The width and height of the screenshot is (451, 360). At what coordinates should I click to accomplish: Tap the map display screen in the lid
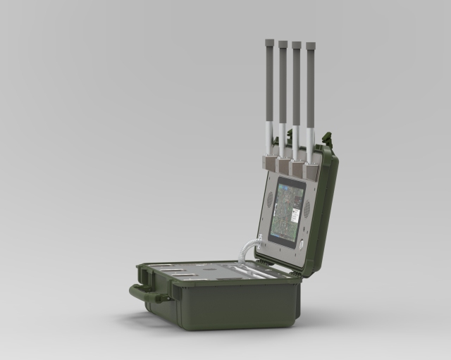point(288,211)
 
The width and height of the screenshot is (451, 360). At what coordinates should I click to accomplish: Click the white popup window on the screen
point(297,211)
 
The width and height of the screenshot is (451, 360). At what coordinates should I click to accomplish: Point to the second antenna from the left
point(283,92)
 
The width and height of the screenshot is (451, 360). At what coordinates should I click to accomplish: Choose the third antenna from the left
point(297,92)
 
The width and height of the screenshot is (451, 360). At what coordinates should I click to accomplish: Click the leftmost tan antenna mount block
point(270,163)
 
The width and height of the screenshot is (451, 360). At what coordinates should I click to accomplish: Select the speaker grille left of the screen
point(269,199)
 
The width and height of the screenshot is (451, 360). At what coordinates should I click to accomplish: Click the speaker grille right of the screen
point(307,209)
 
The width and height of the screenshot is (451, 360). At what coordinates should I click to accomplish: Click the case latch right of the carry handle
point(169,296)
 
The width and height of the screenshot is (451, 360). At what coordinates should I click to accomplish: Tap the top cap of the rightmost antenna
point(309,46)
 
